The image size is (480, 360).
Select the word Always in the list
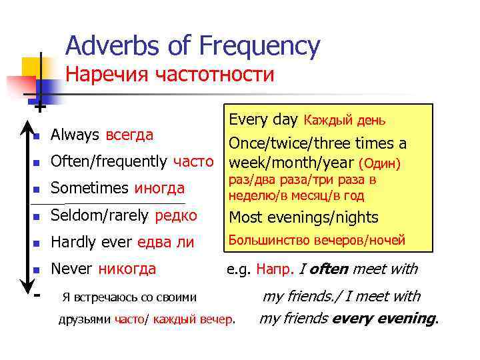click(x=75, y=135)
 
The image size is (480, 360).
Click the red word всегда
click(x=129, y=135)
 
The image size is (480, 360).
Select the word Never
click(x=72, y=269)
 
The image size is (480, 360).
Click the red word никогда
click(x=127, y=269)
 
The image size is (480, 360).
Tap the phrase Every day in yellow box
click(x=263, y=120)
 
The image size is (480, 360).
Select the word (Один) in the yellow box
click(x=379, y=163)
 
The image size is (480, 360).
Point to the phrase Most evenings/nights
click(x=303, y=217)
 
